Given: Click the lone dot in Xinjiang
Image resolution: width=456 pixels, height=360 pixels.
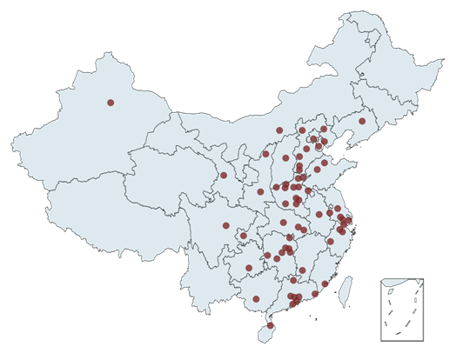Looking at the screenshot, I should [111, 103].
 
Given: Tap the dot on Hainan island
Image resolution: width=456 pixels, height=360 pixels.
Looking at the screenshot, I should [270, 325].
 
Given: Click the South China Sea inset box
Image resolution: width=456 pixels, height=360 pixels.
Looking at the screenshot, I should [402, 310].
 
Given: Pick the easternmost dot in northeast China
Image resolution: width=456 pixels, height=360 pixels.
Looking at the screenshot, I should [362, 122].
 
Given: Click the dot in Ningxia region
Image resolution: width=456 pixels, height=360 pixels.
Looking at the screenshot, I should [265, 154].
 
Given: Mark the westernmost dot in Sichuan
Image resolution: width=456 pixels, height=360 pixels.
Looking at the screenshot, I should [226, 226].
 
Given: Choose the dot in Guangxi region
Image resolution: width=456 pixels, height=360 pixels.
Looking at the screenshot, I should [256, 299].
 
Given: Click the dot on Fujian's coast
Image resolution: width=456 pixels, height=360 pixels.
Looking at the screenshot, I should [325, 283].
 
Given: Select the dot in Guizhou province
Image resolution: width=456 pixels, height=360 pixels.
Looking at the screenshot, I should [249, 268].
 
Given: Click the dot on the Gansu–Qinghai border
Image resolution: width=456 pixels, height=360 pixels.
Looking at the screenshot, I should [224, 176].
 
